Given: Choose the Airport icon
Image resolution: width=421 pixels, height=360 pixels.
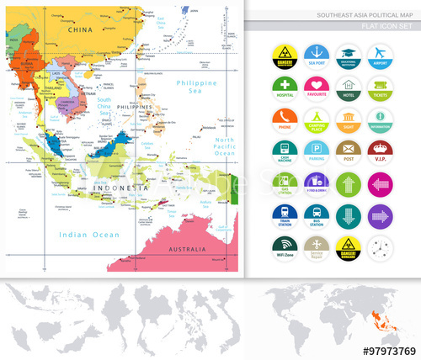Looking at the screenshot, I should pyautogui.click(x=380, y=53).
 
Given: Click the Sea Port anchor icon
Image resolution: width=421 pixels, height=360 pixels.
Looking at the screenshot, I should pyautogui.click(x=316, y=53).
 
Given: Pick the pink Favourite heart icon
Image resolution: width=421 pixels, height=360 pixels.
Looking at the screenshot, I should pyautogui.click(x=316, y=86).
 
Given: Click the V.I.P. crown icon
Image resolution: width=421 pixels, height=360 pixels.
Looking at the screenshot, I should pyautogui.click(x=380, y=150).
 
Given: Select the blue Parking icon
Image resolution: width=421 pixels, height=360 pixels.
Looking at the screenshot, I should pyautogui.click(x=316, y=150).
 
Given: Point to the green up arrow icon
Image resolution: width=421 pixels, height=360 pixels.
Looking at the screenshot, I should pyautogui.click(x=348, y=182).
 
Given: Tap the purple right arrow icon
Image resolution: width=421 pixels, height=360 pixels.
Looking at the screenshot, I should pyautogui.click(x=380, y=214).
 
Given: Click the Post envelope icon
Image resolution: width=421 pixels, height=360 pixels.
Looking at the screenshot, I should pyautogui.click(x=348, y=150).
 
